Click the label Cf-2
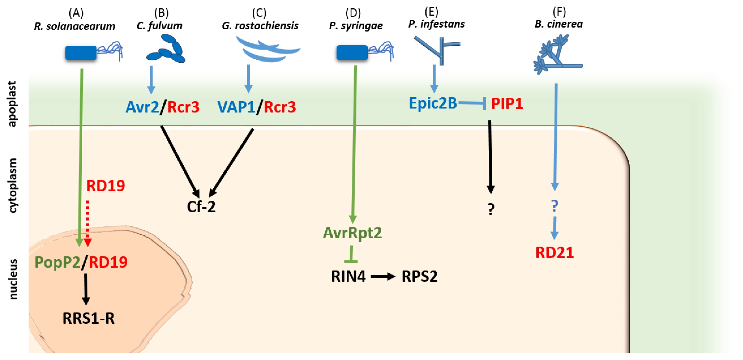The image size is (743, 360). tap(201, 207)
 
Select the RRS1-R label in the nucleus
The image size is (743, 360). tap(89, 318)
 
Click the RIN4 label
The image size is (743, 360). tap(348, 276)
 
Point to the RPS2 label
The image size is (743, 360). tap(419, 276)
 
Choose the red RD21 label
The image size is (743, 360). tap(554, 253)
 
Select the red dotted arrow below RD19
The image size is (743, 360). tap(88, 224)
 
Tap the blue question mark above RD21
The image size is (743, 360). tap(554, 206)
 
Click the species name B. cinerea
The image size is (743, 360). tap(559, 24)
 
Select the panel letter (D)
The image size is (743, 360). tap(353, 13)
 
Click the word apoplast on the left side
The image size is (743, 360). tap(12, 104)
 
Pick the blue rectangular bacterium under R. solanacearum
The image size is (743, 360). tap(81, 53)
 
